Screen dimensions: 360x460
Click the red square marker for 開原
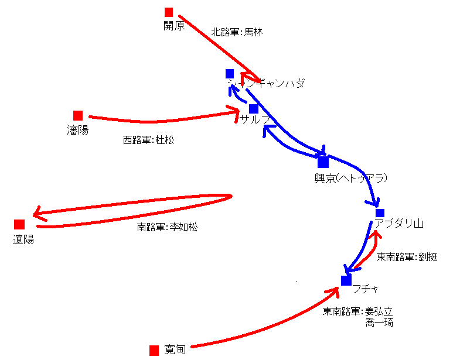(x=169, y=12)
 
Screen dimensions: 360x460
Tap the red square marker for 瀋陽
(x=78, y=115)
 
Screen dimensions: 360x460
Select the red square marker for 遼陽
(x=19, y=224)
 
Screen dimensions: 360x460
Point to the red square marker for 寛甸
(x=154, y=350)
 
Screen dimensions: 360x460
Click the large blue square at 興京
(x=323, y=162)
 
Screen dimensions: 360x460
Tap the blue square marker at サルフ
(x=254, y=108)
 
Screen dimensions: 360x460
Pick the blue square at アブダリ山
(x=380, y=212)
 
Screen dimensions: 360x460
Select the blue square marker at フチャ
(x=346, y=280)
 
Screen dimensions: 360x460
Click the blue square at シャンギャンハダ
(x=230, y=73)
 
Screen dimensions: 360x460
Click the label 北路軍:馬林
(x=237, y=32)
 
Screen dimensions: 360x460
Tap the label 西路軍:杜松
(x=148, y=140)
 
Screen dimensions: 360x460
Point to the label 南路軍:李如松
(x=167, y=227)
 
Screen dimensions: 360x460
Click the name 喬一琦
(x=379, y=322)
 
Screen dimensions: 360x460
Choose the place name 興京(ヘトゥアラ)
(x=352, y=178)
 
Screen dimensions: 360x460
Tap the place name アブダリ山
(x=399, y=224)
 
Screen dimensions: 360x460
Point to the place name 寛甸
(x=175, y=350)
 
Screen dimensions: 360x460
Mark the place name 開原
(x=174, y=26)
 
